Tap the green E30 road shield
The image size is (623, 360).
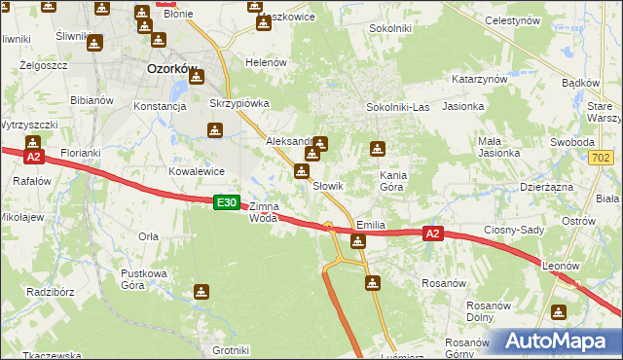coord(226,202)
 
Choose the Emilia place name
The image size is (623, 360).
coord(371,225)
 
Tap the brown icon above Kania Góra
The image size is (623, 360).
coord(378,150)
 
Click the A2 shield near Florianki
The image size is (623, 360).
coord(33,156)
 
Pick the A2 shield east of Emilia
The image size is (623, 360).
coord(433,234)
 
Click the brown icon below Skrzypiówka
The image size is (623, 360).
coord(214,130)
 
